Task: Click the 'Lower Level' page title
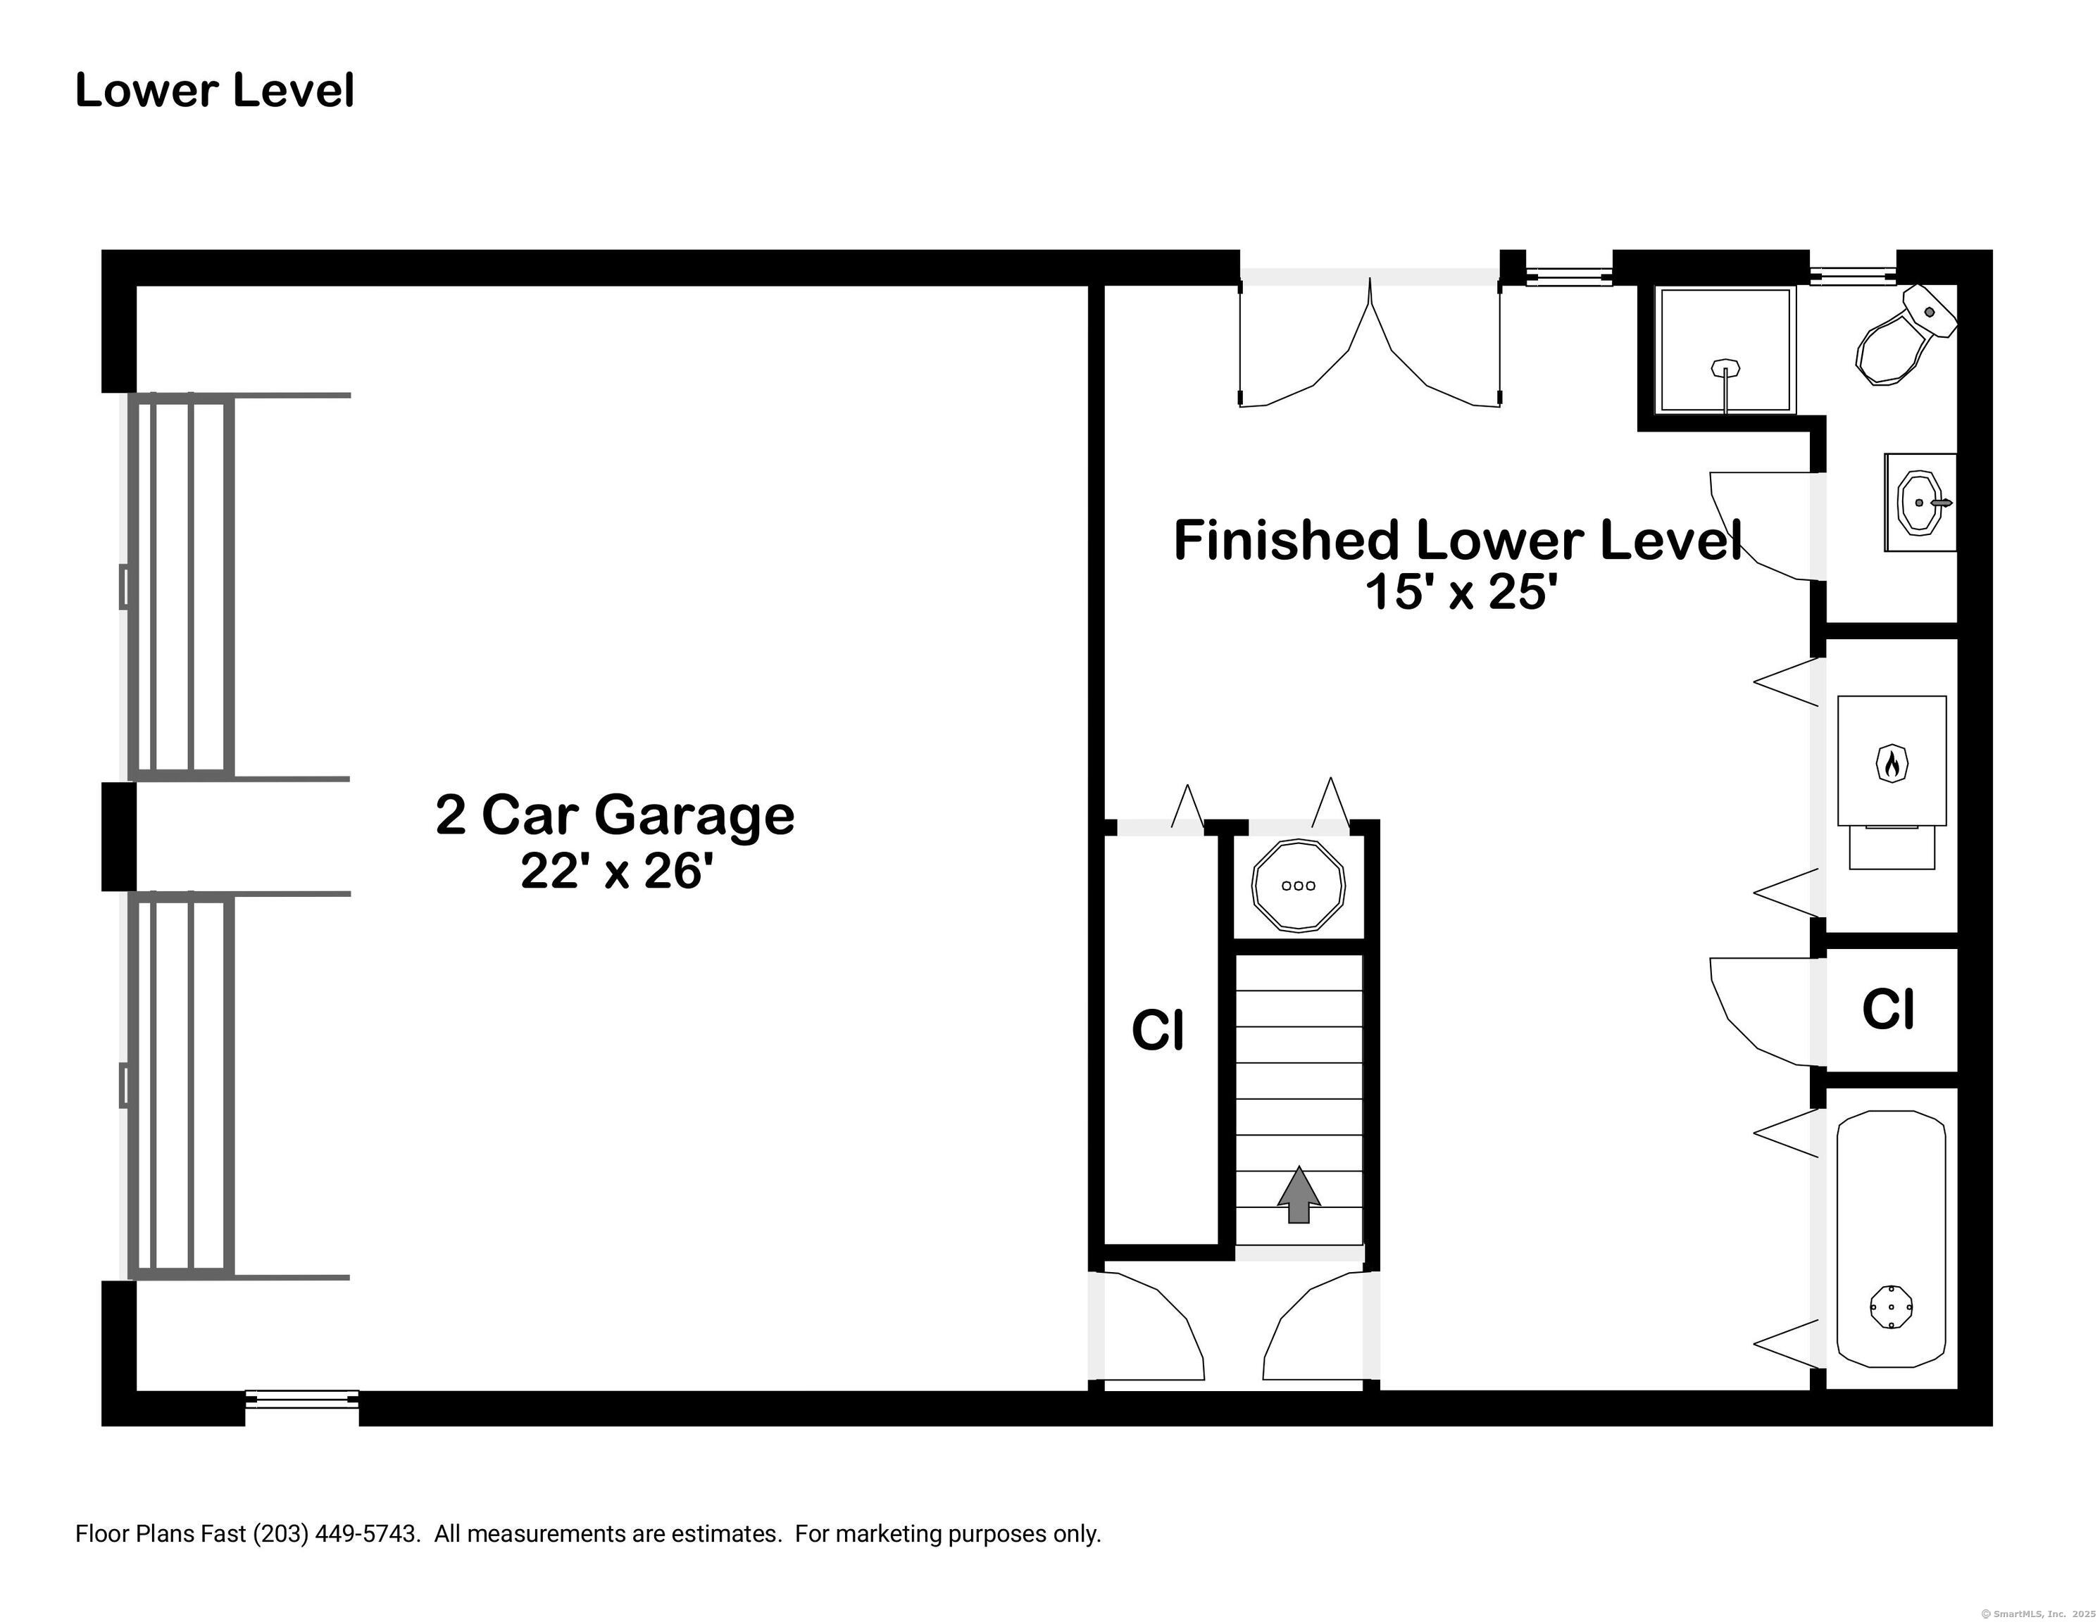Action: pos(214,92)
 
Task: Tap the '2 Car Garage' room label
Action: pos(615,815)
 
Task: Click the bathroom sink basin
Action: pos(1919,502)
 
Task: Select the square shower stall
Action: pos(1726,350)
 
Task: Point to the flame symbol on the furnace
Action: pos(1892,765)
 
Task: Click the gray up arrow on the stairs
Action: pos(1298,1194)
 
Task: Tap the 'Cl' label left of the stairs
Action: pos(1157,1031)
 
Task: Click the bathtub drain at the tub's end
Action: pos(1890,1307)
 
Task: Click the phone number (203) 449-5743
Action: pos(337,1533)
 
